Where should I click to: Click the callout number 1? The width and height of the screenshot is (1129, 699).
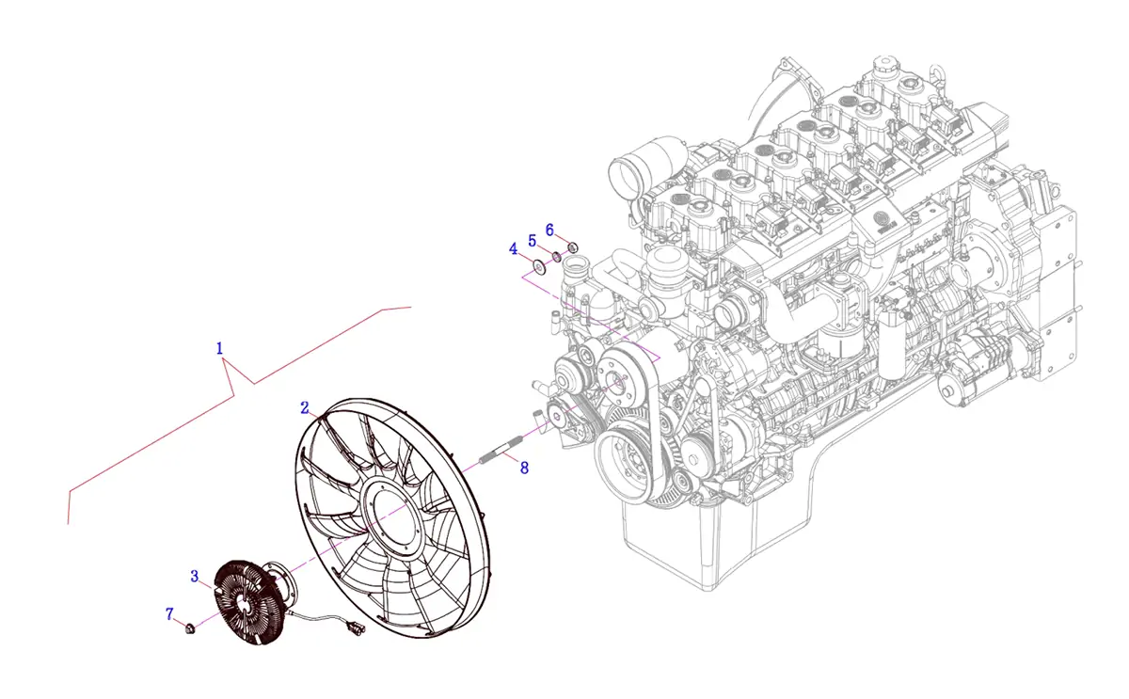pyautogui.click(x=220, y=348)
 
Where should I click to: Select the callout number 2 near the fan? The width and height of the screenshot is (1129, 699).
pyautogui.click(x=305, y=407)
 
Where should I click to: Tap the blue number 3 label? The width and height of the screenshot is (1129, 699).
pyautogui.click(x=195, y=576)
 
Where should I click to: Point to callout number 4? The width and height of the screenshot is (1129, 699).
pyautogui.click(x=513, y=248)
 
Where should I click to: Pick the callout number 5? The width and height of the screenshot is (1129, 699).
pyautogui.click(x=532, y=240)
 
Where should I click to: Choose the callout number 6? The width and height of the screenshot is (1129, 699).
pyautogui.click(x=550, y=230)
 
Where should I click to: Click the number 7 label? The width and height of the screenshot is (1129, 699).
pyautogui.click(x=170, y=614)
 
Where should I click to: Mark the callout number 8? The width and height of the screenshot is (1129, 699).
pyautogui.click(x=524, y=466)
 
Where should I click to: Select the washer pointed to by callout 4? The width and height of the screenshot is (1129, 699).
pyautogui.click(x=541, y=267)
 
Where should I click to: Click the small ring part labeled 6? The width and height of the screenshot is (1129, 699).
pyautogui.click(x=572, y=247)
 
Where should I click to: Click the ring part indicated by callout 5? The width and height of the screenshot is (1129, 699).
pyautogui.click(x=557, y=257)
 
